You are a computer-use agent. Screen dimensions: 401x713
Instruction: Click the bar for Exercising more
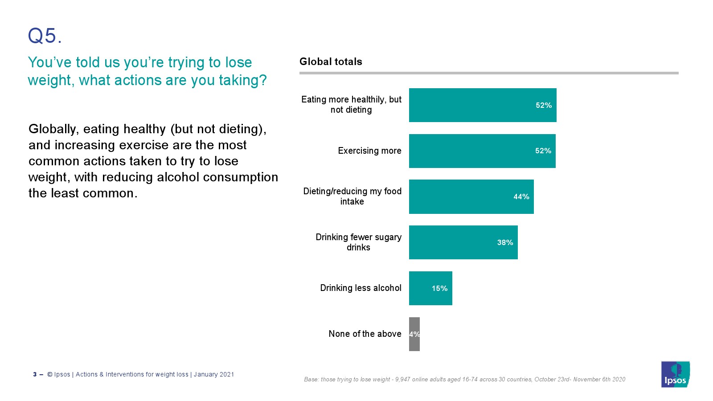pos(482,151)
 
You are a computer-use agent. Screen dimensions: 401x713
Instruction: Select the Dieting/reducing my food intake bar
pos(471,196)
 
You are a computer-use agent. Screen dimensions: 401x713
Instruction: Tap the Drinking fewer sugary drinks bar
pos(463,242)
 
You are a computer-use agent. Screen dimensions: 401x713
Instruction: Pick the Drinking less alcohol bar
pos(430,288)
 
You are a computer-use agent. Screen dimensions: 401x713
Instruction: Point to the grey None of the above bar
pos(414,334)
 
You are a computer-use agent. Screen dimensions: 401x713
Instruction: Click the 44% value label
pos(521,197)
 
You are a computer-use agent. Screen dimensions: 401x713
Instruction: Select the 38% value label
pos(505,243)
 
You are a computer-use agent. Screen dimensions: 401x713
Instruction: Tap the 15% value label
pos(439,289)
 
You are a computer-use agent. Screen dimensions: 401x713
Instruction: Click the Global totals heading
pos(331,61)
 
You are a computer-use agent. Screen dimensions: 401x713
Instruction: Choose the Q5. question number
pos(45,36)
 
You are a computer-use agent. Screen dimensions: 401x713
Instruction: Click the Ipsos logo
pos(675,374)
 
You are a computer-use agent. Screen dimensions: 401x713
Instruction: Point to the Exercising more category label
pos(369,151)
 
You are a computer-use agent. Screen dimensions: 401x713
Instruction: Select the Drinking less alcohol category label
pos(361,288)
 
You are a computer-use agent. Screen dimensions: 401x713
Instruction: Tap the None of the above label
pos(365,334)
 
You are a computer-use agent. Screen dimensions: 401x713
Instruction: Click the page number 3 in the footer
pos(35,374)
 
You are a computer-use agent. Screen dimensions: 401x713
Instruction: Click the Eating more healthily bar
pos(483,105)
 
